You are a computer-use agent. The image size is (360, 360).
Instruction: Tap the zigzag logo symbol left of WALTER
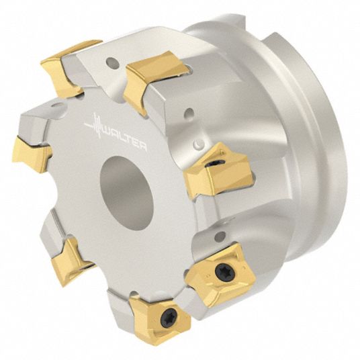coord(95,125)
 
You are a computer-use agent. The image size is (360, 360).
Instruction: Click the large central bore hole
coord(126,193)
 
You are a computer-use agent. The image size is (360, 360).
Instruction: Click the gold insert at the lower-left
coord(71,261)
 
